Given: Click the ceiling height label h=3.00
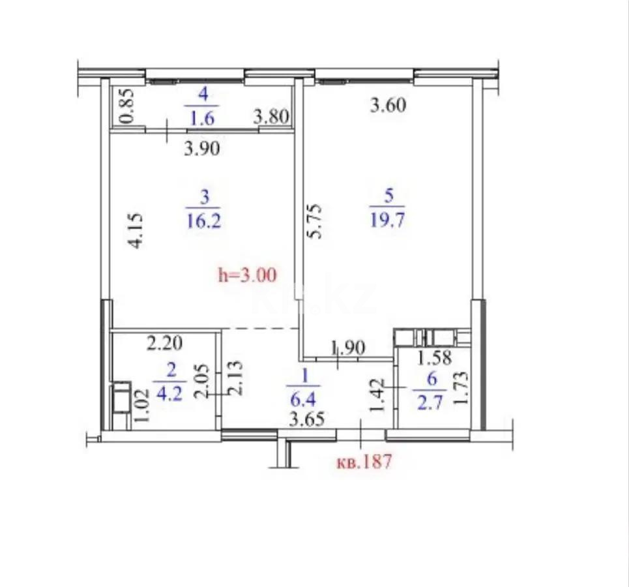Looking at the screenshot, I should click(247, 275).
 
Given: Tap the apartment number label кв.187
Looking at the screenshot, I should click(363, 462).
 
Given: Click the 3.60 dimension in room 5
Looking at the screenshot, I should click(388, 104).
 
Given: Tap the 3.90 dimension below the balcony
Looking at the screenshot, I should click(202, 149).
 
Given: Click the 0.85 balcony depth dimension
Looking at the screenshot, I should click(128, 106).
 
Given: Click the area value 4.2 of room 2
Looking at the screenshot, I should click(171, 395).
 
